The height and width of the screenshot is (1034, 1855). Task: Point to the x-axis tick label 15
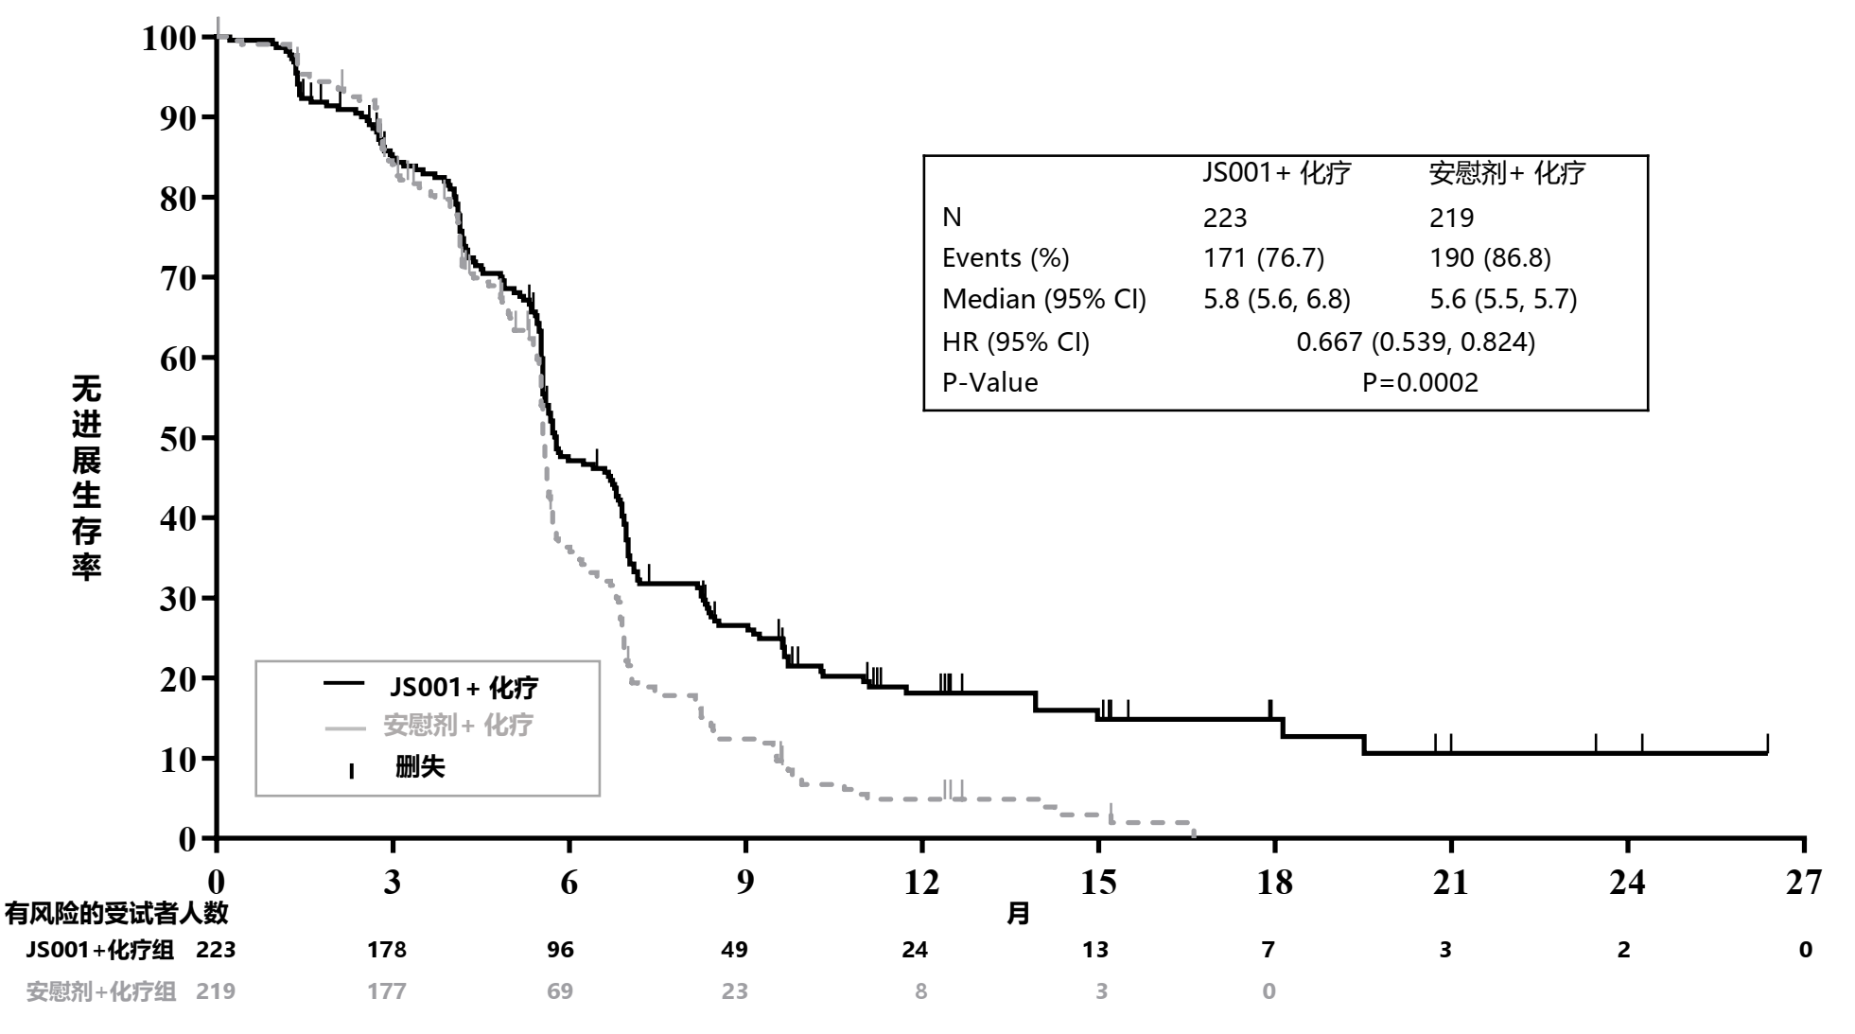point(1098,882)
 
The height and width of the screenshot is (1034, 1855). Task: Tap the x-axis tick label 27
point(1803,882)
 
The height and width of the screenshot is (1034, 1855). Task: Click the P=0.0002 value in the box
point(1419,382)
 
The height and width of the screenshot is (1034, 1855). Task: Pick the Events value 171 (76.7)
point(1263,258)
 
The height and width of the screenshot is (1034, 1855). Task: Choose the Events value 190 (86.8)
point(1489,258)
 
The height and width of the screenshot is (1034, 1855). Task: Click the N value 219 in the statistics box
point(1451,219)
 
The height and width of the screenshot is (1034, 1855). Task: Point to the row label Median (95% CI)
point(1043,300)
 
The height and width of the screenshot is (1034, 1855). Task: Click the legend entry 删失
point(419,767)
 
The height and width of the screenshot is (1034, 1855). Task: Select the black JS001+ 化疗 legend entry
point(464,687)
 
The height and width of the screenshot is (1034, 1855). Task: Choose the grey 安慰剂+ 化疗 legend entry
point(458,726)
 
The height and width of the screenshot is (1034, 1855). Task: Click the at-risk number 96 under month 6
point(560,950)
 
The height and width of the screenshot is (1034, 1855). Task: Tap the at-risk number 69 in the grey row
point(560,991)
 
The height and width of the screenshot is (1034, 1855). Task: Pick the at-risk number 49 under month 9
point(734,950)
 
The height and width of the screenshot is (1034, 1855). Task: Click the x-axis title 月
point(1018,914)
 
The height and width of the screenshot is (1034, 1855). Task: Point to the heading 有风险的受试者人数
point(115,914)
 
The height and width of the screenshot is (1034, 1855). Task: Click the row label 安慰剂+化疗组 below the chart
point(100,991)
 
